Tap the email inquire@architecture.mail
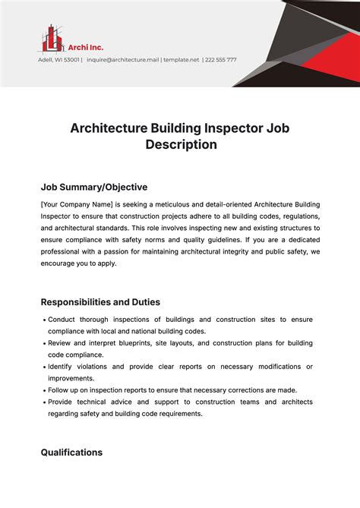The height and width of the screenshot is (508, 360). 122,60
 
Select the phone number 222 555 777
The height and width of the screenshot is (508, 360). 221,60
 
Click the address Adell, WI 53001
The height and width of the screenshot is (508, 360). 58,60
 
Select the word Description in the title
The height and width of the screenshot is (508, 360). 182,144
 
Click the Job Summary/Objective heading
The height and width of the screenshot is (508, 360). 93,187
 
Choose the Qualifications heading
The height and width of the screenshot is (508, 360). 71,452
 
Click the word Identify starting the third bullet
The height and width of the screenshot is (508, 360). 63,367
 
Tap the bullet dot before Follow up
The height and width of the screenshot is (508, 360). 44,391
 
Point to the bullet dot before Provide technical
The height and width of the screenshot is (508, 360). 44,402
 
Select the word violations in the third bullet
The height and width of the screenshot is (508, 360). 103,367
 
